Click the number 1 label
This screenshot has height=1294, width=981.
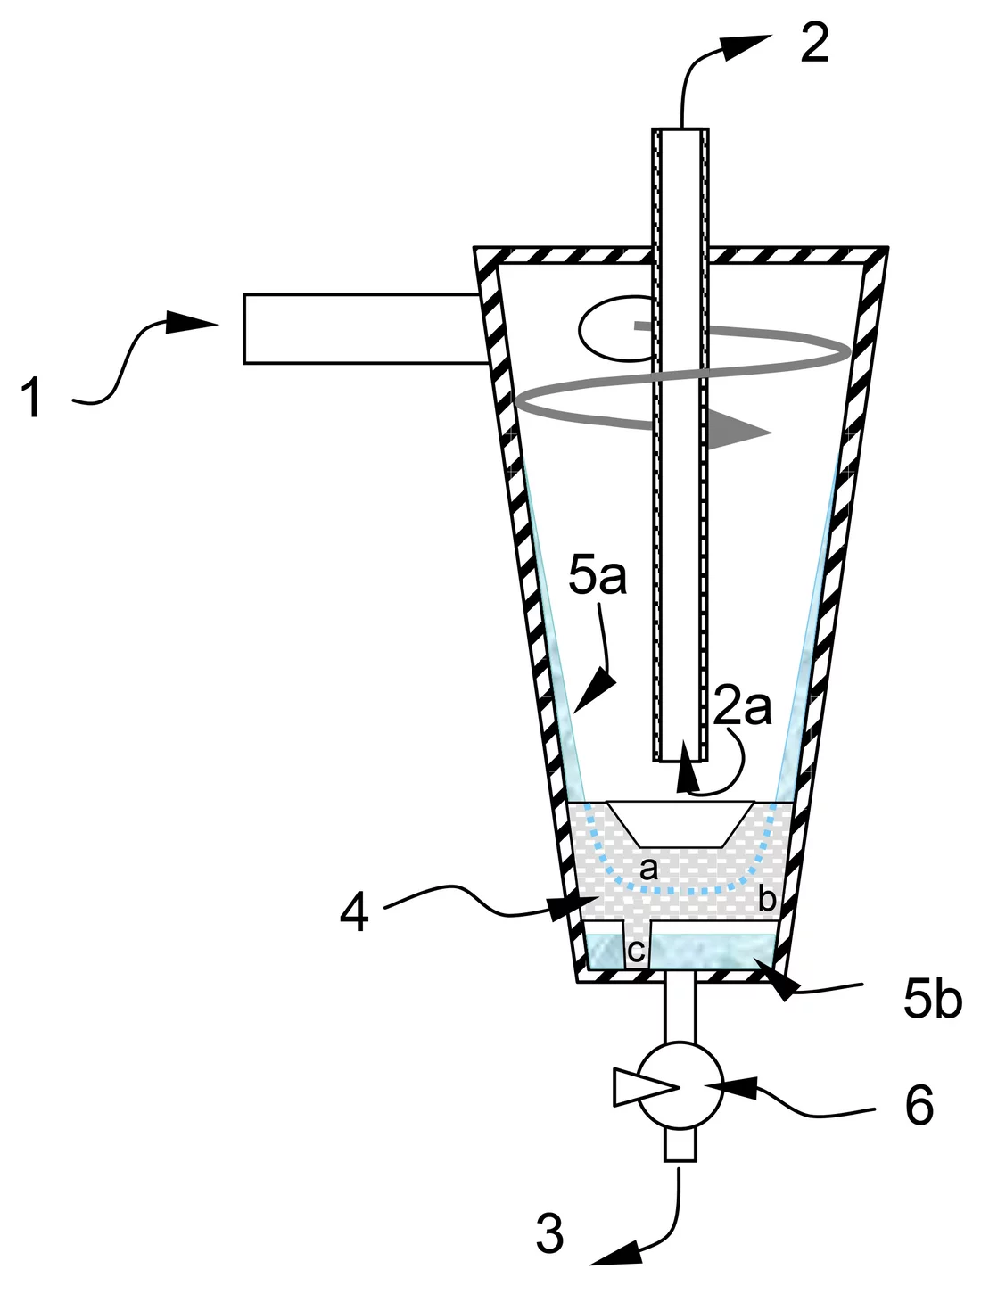(x=33, y=398)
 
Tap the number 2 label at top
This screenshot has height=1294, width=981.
(x=814, y=43)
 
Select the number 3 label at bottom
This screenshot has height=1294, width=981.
(x=550, y=1233)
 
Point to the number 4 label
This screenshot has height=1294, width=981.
(x=354, y=912)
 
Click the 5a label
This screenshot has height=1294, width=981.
(x=598, y=577)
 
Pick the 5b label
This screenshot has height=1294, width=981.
(x=933, y=1001)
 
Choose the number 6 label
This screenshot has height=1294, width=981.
(x=919, y=1106)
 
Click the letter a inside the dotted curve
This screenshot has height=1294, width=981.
(x=649, y=867)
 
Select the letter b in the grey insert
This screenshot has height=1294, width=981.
(x=766, y=899)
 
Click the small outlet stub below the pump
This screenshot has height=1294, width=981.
(x=680, y=1143)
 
